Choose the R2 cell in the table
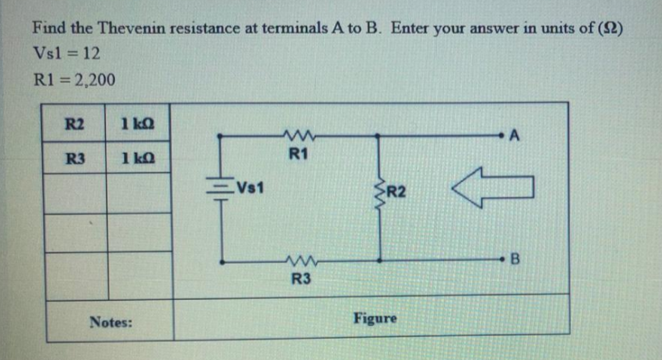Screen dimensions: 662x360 click(x=75, y=123)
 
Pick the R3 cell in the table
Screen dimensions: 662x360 click(x=75, y=157)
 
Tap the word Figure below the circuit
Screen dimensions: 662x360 click(x=375, y=319)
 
